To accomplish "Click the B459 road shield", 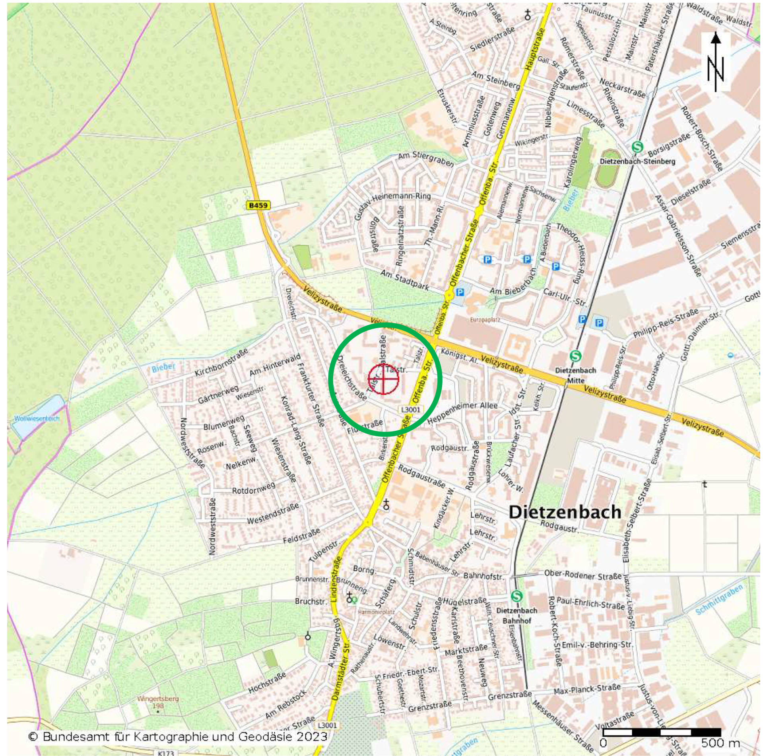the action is click(258, 205).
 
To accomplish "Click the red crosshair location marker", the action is click(383, 379).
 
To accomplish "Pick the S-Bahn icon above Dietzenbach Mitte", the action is click(575, 356).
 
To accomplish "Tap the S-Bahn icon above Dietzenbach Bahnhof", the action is click(516, 595).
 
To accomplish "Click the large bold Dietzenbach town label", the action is click(565, 512).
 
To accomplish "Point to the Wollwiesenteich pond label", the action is click(37, 418).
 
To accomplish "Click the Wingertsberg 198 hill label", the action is click(158, 702).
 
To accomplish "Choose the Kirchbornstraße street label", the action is click(221, 361).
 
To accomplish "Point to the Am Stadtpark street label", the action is click(404, 280).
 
